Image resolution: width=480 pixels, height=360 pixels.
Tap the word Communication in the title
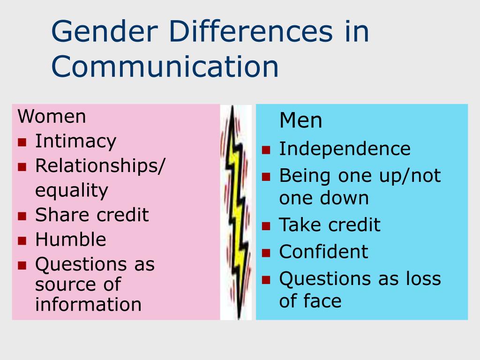(165, 67)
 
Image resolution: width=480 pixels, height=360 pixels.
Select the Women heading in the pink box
(52, 116)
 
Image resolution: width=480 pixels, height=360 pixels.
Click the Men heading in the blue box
(300, 121)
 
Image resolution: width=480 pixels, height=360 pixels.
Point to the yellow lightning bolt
(236, 211)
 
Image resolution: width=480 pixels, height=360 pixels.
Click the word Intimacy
(75, 141)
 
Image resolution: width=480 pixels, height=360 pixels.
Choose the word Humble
(71, 240)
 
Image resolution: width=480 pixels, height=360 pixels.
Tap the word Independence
(345, 149)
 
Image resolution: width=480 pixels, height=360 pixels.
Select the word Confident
(323, 252)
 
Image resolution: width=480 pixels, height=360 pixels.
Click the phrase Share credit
(92, 215)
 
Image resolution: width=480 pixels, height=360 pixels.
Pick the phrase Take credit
(330, 225)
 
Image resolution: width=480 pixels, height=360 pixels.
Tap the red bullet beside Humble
(22, 240)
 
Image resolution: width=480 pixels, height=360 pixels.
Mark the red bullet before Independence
(266, 150)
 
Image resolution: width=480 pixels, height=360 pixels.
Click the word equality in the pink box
(72, 191)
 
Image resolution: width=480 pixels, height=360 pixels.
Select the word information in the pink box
(88, 305)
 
